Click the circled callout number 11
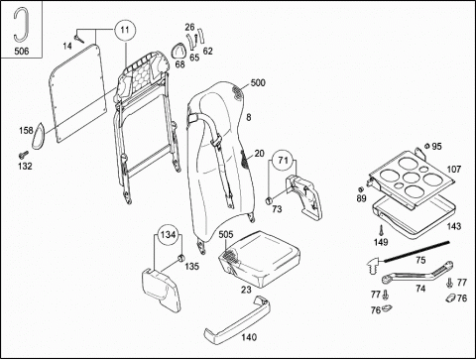125,30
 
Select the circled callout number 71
283,161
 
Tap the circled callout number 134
168,235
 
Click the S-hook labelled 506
22,24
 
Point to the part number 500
258,82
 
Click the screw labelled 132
24,154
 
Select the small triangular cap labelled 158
39,136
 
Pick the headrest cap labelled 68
178,51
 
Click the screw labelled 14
79,40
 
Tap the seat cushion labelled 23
260,258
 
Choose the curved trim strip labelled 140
237,319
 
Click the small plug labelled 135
180,258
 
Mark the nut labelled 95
427,146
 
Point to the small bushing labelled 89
361,189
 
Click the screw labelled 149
381,230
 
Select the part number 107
454,170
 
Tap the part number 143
454,226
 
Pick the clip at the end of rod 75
374,264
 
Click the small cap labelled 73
269,199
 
